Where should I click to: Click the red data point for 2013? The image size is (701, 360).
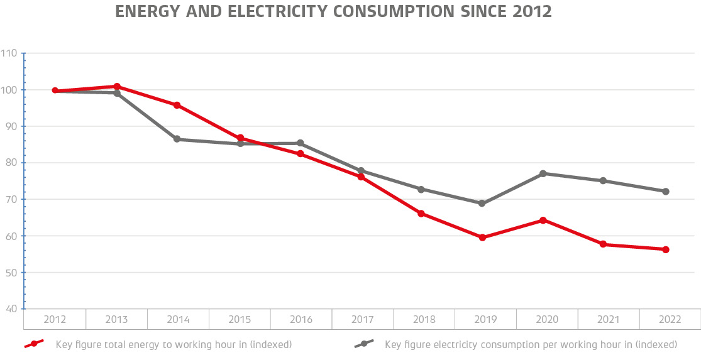coord(117,86)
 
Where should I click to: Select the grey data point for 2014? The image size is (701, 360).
coord(177,139)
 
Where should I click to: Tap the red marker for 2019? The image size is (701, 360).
coord(482,237)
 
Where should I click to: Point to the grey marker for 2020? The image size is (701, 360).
coord(543,173)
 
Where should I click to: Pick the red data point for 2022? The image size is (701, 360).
coord(666,249)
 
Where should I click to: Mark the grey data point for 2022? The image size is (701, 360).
coord(666,191)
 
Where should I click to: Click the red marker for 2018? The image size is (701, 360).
coord(421,214)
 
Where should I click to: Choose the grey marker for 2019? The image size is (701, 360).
coord(482,204)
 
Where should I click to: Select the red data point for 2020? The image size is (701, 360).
coord(543,220)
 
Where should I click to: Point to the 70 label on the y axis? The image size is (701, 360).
coord(11,199)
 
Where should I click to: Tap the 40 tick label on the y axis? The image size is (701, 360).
coord(11,309)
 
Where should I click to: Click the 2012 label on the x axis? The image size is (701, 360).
coord(55,320)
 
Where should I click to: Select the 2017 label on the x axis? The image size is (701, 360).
coord(363,320)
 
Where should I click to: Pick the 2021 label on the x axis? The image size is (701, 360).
coord(609,320)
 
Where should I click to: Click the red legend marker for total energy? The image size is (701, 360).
coord(34,344)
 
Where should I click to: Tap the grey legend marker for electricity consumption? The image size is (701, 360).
coord(364,344)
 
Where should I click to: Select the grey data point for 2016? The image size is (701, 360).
coord(300,143)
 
